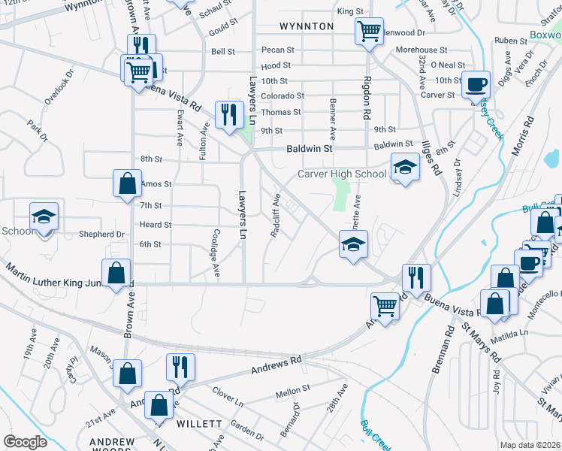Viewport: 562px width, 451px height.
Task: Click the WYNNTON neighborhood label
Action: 306,26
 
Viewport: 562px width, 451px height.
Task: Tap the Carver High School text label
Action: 342,174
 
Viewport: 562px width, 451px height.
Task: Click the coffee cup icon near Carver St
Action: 476,84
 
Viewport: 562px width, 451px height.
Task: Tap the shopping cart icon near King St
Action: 368,32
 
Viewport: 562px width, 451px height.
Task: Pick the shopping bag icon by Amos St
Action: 127,183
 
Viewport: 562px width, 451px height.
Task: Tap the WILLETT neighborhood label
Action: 199,424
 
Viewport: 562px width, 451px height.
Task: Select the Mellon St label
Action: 293,390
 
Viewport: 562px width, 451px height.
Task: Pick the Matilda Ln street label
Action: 512,331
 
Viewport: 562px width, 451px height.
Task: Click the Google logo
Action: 25,442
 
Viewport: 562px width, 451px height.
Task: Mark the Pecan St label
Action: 278,50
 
